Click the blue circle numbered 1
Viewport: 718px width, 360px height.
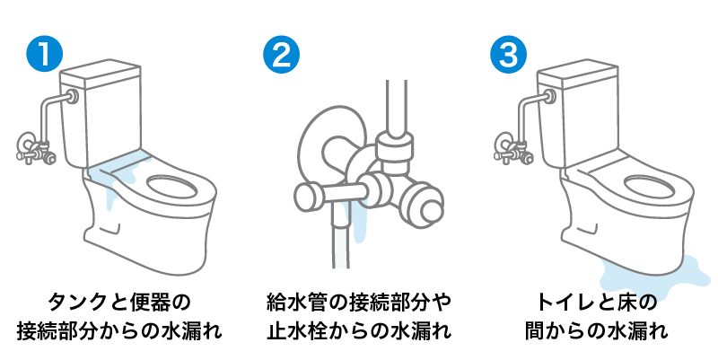click(44, 53)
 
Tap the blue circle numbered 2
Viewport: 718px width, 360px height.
click(280, 53)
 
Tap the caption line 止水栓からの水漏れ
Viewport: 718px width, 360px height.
click(358, 331)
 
